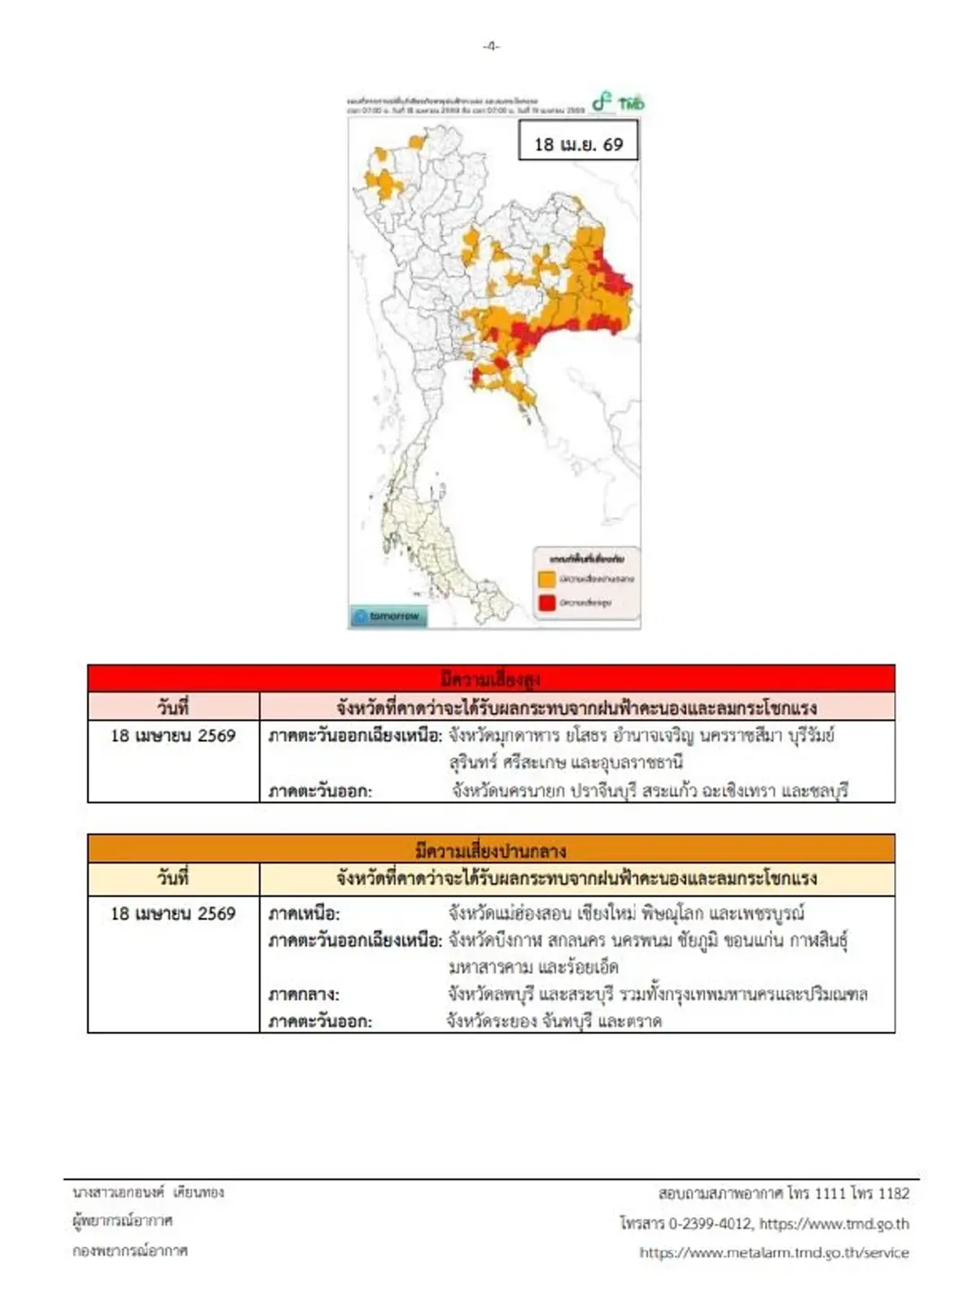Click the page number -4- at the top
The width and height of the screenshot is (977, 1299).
pos(490,46)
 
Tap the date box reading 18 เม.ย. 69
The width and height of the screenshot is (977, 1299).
pos(578,143)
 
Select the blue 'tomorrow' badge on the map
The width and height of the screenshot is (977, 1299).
pos(389,616)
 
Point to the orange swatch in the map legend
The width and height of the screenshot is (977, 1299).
pos(546,580)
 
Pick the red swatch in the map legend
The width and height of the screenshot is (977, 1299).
pos(546,603)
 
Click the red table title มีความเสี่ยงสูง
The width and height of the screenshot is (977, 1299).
pos(490,679)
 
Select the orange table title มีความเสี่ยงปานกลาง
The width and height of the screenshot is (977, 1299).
pos(490,850)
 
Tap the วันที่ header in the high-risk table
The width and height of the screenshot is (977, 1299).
pos(173,706)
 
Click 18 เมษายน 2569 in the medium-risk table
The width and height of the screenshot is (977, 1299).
pos(173,913)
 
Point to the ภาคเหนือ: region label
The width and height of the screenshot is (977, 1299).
pos(304,914)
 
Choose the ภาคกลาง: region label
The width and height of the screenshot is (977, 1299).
pos(304,995)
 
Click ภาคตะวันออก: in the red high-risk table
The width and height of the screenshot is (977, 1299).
pos(320,790)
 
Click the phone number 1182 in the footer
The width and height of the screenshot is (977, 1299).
pos(894,1193)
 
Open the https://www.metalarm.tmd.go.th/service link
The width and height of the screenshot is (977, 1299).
pos(773,1253)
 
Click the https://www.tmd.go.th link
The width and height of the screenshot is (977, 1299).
pos(834,1223)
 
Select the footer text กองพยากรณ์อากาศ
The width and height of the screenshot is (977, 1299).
pos(129,1250)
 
